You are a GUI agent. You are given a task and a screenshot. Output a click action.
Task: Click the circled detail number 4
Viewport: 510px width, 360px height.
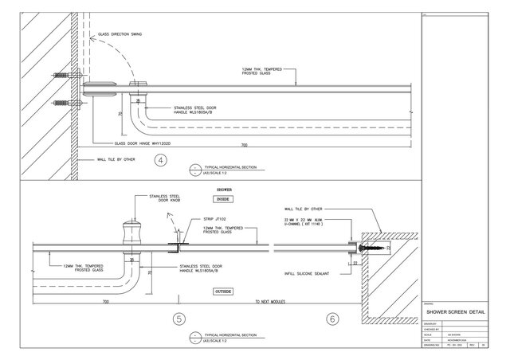(162, 160)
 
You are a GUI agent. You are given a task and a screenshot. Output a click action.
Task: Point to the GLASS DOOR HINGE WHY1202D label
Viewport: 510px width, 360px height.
(144, 143)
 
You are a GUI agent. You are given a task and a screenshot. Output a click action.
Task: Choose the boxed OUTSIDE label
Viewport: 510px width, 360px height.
(222, 292)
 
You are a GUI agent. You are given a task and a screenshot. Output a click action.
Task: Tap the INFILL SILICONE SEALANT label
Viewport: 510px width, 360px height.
(306, 273)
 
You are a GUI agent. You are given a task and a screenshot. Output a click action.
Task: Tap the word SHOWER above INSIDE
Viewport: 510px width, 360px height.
(224, 190)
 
